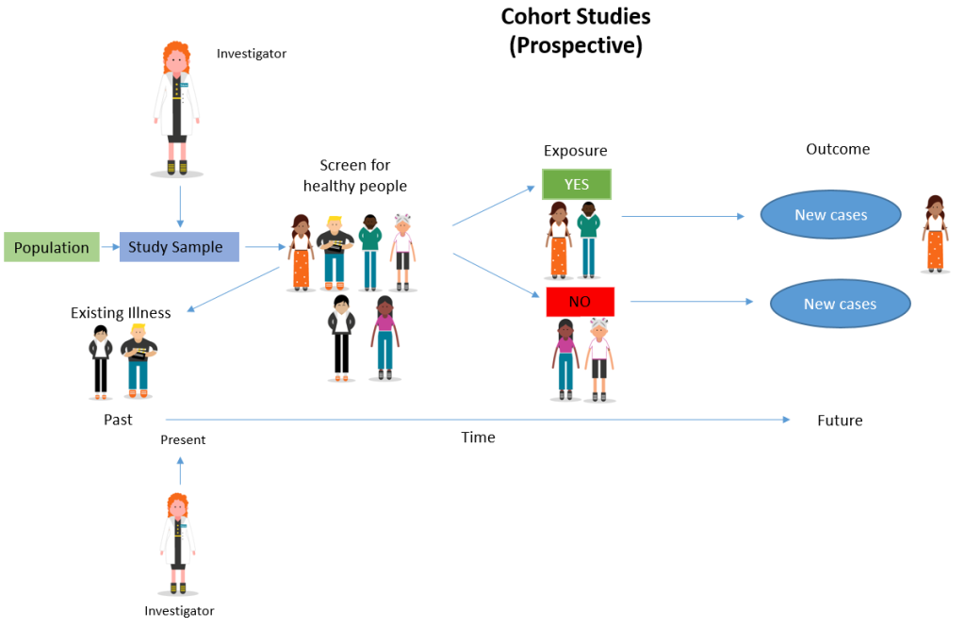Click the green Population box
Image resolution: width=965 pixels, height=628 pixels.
[x=52, y=248]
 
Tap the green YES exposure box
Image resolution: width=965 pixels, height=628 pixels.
[x=577, y=185]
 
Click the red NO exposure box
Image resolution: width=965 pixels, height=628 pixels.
[x=581, y=302]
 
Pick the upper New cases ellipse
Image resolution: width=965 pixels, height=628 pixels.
[x=830, y=215]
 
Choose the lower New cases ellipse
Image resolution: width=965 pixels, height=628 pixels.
[x=840, y=304]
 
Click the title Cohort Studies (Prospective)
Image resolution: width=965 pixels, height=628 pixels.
[x=576, y=31]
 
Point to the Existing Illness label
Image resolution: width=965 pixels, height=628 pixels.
[x=121, y=312]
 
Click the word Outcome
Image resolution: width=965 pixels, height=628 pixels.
[x=838, y=149]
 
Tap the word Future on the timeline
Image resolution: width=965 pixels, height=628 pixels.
[x=840, y=421]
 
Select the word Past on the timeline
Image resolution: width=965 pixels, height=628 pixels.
[x=118, y=420]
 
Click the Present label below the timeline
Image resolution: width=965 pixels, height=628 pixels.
[x=183, y=439]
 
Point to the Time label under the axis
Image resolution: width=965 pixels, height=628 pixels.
[x=478, y=438]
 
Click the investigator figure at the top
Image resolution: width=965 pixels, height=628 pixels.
[x=177, y=107]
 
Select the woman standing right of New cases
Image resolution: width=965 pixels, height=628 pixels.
[x=935, y=234]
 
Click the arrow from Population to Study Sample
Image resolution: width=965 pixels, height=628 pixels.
[x=107, y=248]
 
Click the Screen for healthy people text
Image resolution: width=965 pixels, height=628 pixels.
[x=355, y=175]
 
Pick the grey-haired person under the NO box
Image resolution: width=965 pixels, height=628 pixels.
[x=598, y=358]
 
